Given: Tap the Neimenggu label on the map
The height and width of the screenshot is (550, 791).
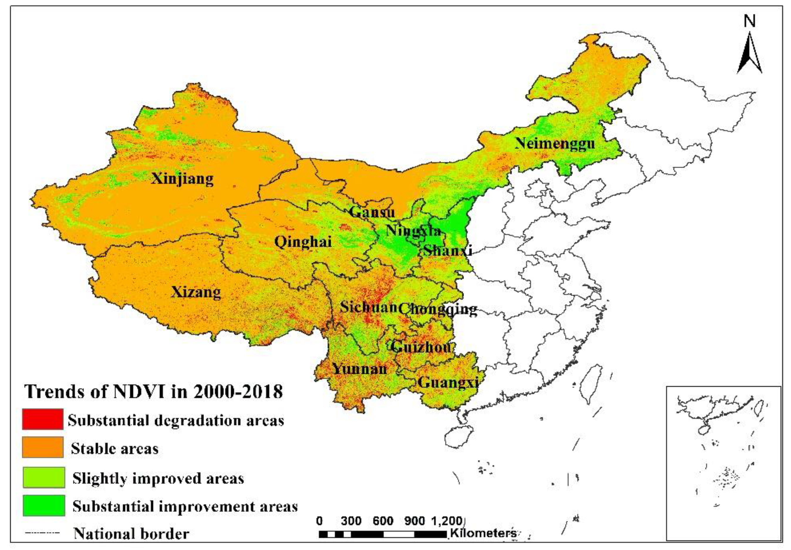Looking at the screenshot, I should pos(555,143).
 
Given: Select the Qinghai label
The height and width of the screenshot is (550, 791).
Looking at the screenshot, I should pos(303,242).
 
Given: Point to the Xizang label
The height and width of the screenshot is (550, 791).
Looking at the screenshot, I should pos(196,292).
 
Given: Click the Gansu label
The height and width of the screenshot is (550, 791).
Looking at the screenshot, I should pos(372,212).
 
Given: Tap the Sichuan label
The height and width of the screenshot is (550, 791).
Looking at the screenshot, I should pos(368,307).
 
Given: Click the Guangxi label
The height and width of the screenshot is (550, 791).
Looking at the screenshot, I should pos(448,382).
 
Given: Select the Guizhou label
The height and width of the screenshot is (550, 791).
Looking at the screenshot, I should pos(421,346).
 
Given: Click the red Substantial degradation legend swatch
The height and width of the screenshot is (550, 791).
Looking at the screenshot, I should pos(43,419).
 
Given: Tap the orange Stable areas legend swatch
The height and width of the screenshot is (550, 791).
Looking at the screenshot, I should pos(43,447).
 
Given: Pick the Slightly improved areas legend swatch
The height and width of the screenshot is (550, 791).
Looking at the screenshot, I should pos(44,477).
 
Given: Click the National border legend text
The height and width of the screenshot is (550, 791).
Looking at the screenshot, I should pos(131,534).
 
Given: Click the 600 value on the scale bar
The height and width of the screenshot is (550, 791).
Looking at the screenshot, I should pos(383,521).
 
